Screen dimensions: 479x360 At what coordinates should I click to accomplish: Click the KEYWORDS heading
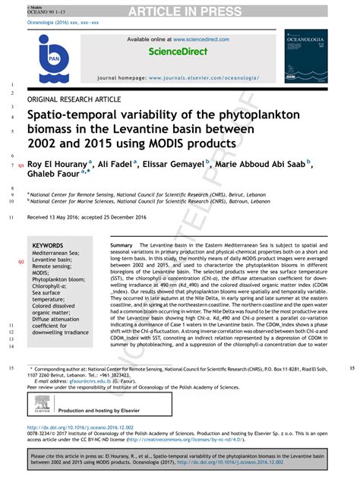[48, 246]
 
